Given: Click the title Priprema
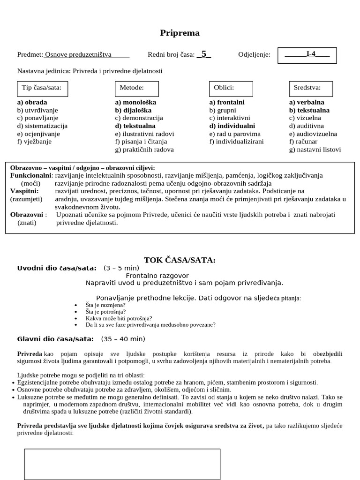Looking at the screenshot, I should coord(180,33).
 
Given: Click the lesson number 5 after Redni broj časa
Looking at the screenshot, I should coord(204,54).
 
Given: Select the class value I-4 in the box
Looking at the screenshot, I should coord(310,54).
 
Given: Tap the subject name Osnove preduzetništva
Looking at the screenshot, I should coord(78,55).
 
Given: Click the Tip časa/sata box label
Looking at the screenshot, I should coord(42,88).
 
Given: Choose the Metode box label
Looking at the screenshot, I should coord(132,88).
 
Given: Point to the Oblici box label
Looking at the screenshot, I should coord(224,88).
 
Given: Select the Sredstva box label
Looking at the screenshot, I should coord(307,88).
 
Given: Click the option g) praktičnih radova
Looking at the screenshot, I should coord(144,150).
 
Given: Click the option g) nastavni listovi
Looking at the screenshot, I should coord(315,150).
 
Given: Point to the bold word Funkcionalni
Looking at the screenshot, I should coord(31,175).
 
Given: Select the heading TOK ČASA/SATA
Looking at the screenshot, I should coord(180,261).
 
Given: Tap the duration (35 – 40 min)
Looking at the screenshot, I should coord(122,339).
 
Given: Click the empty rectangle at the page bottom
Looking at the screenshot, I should coord(122,464).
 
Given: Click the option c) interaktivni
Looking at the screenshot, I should coord(230,118).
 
